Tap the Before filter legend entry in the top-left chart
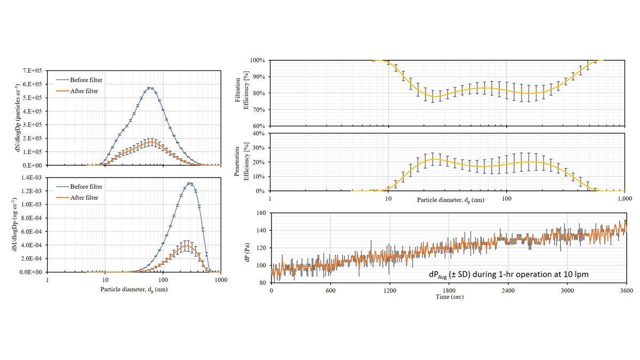click(81, 80)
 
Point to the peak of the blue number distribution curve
click(150, 88)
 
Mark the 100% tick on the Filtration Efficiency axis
click(257, 60)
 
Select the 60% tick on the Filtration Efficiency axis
click(258, 126)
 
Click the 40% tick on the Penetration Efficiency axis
click(258, 133)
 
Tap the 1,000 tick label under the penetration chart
click(625, 198)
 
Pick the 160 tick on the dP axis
click(260, 213)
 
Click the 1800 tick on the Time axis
click(449, 291)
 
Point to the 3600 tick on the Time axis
click(626, 291)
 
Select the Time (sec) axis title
click(449, 297)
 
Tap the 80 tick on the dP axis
click(262, 283)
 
